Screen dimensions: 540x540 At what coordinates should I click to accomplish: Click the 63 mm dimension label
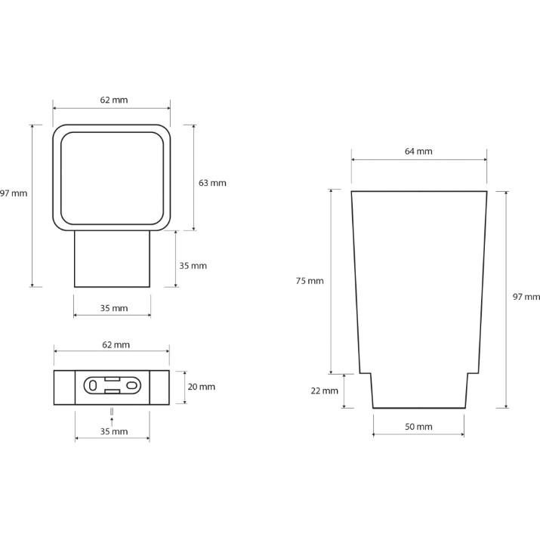[212, 183]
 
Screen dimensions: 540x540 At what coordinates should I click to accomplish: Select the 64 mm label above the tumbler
[418, 151]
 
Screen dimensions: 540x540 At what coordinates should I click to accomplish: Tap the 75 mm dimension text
[310, 281]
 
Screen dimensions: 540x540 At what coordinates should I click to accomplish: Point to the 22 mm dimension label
[325, 391]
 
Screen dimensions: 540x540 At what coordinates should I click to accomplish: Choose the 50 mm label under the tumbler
[418, 427]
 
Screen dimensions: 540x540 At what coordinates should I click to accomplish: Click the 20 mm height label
[201, 387]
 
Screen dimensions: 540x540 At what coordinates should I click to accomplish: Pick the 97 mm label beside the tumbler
[526, 297]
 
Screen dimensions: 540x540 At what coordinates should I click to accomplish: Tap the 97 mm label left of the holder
[14, 193]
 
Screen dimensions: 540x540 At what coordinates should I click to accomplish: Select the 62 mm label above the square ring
[114, 100]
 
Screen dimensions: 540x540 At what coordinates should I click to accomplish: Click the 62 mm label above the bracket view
[116, 344]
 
